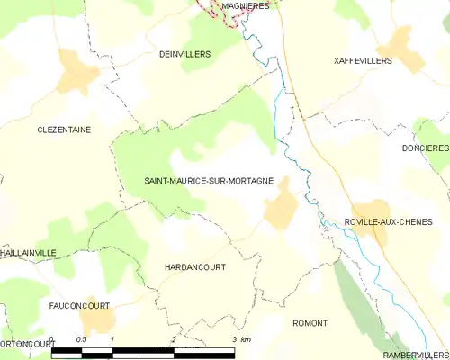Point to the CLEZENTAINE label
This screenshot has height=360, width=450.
pyautogui.click(x=64, y=130)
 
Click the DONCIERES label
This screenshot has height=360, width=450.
pyautogui.click(x=426, y=148)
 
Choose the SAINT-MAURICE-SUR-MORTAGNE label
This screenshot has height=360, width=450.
pyautogui.click(x=209, y=181)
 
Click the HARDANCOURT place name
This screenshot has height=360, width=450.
pyautogui.click(x=195, y=267)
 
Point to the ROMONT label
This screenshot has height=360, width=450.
pyautogui.click(x=310, y=322)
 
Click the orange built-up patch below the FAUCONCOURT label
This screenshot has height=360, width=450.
pyautogui.click(x=97, y=321)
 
